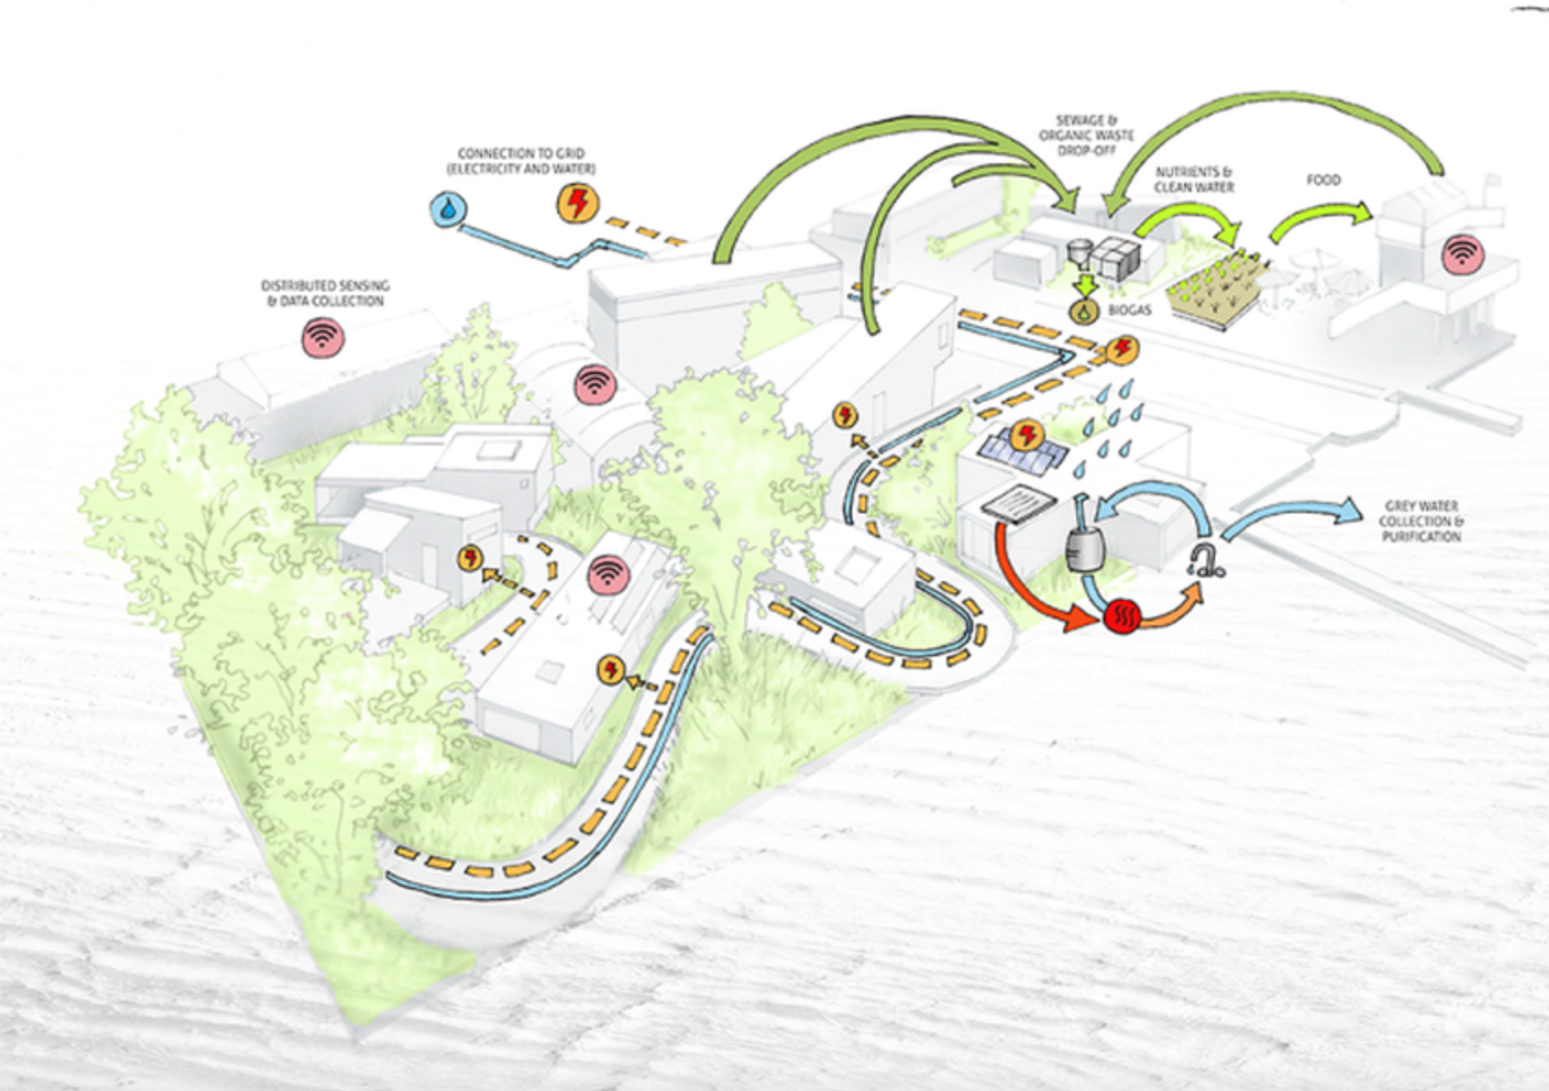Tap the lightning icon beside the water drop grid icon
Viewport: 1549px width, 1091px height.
577,203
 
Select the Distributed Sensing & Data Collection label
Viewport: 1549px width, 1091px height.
325,293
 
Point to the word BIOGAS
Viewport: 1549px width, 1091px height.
1129,311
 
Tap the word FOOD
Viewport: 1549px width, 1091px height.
1323,181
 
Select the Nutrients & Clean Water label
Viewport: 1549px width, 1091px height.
1193,180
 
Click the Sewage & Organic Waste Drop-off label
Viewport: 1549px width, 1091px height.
1086,135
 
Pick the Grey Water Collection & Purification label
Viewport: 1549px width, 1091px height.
1421,521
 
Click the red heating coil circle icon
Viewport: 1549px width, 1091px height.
1120,615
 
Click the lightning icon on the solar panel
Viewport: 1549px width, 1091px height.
1028,435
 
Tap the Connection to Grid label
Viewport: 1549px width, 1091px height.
521,161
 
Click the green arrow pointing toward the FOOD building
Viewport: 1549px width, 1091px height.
1320,222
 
